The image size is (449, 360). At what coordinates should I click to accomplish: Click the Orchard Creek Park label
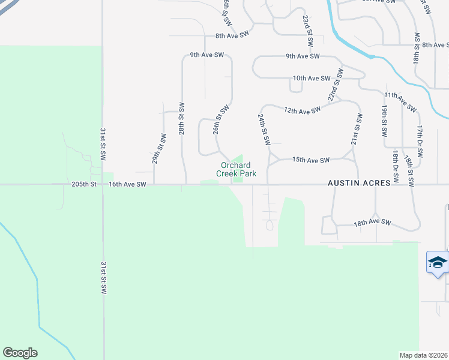238,170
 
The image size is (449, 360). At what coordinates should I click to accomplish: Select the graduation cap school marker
438,263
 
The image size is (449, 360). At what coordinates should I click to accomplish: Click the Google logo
20,353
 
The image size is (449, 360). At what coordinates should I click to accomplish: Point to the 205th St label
85,185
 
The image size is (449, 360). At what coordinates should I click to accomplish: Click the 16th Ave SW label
127,185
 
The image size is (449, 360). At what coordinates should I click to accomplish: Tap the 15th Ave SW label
311,160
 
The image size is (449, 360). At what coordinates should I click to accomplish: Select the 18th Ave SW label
372,223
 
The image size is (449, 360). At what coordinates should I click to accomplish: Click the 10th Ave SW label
312,79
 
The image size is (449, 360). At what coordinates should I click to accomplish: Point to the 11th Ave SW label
400,102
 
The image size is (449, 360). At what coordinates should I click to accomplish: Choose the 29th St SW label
158,150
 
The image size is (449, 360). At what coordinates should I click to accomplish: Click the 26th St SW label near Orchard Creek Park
221,120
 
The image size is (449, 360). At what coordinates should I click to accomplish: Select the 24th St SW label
264,129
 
